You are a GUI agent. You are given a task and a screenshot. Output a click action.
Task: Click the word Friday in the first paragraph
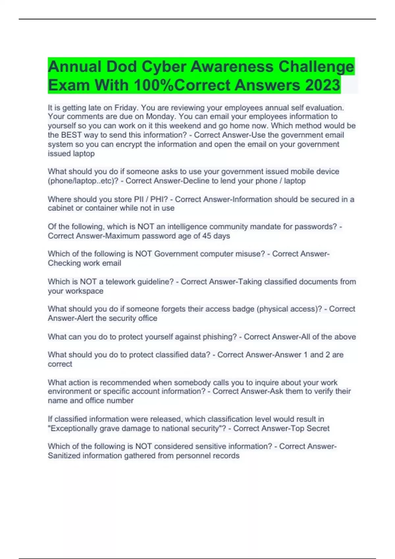pos(125,108)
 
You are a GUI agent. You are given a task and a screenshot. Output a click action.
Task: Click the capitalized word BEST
pos(71,135)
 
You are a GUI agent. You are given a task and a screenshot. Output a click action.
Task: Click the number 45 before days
pos(207,236)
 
